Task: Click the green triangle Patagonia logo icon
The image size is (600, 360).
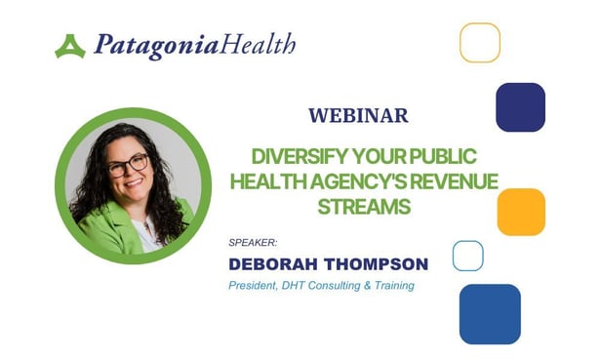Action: pos(70,46)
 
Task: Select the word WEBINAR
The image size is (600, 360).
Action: pos(358,115)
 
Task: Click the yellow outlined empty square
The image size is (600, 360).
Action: pos(480,43)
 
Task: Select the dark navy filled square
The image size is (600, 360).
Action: pos(520,107)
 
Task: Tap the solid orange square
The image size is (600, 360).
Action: pos(521,212)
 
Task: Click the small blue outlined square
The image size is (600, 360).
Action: pos(468,256)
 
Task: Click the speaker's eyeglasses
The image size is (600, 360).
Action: pos(129,166)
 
